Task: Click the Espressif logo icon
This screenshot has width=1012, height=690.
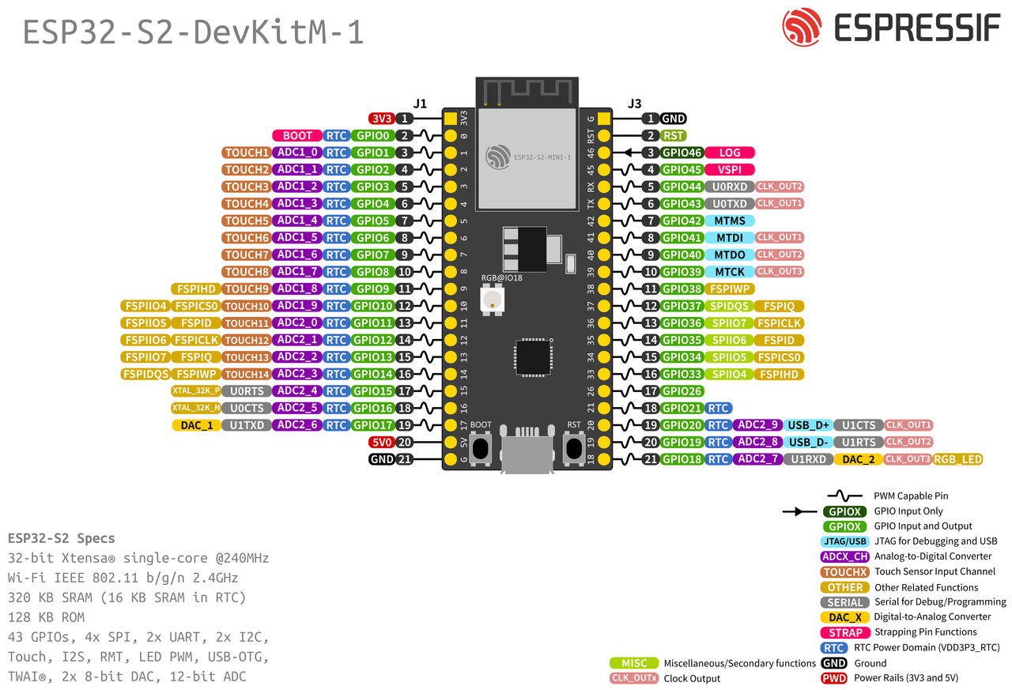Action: click(x=802, y=28)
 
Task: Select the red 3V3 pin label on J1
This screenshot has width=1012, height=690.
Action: click(x=382, y=119)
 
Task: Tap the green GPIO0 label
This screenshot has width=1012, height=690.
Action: click(x=372, y=136)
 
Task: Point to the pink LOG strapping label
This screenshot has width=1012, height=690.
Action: click(x=730, y=153)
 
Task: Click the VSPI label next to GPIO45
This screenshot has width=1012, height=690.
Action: click(x=730, y=169)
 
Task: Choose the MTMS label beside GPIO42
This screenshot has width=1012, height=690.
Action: click(x=730, y=221)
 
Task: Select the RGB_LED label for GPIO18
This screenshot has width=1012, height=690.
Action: click(x=958, y=459)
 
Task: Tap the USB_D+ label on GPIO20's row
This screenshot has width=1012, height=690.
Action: click(x=808, y=425)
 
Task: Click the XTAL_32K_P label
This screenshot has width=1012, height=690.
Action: click(x=196, y=390)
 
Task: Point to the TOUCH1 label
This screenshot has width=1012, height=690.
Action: click(x=247, y=153)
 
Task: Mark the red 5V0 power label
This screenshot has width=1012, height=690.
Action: click(x=382, y=442)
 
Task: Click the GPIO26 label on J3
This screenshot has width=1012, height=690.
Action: click(x=682, y=390)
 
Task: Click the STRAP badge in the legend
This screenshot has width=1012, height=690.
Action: click(x=845, y=632)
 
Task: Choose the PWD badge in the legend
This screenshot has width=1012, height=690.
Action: click(x=834, y=678)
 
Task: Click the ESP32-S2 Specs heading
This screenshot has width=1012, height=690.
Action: click(x=61, y=538)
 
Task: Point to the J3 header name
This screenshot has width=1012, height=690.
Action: click(x=634, y=103)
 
